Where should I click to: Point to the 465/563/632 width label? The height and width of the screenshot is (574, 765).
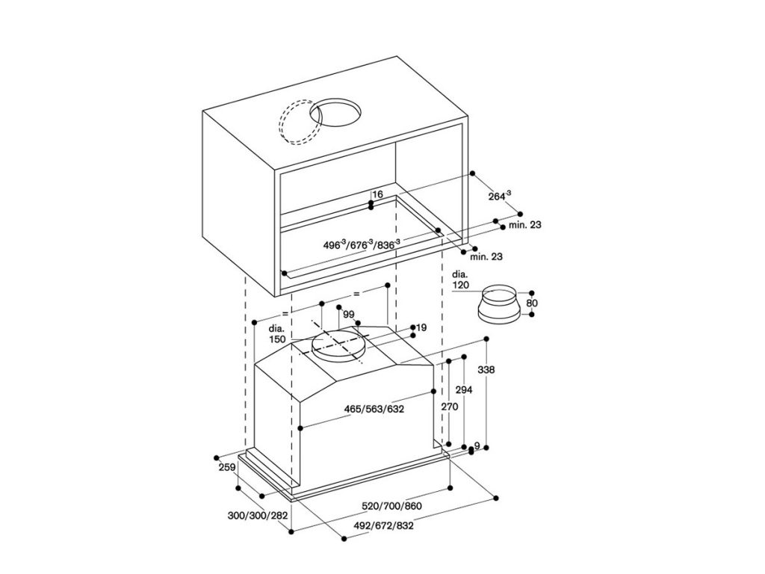pyautogui.click(x=374, y=409)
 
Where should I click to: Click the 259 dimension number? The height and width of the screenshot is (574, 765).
pyautogui.click(x=228, y=468)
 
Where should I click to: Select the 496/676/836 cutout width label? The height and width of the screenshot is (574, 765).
pyautogui.click(x=362, y=244)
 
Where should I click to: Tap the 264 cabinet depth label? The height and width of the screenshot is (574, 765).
pyautogui.click(x=499, y=197)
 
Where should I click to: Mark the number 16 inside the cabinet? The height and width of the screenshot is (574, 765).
pyautogui.click(x=377, y=194)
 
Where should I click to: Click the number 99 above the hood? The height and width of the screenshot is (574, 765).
pyautogui.click(x=348, y=315)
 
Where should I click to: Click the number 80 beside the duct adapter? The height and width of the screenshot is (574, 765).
pyautogui.click(x=532, y=303)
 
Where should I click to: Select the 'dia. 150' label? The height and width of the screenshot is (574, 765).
pyautogui.click(x=277, y=334)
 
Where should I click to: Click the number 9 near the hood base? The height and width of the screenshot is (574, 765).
pyautogui.click(x=477, y=446)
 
